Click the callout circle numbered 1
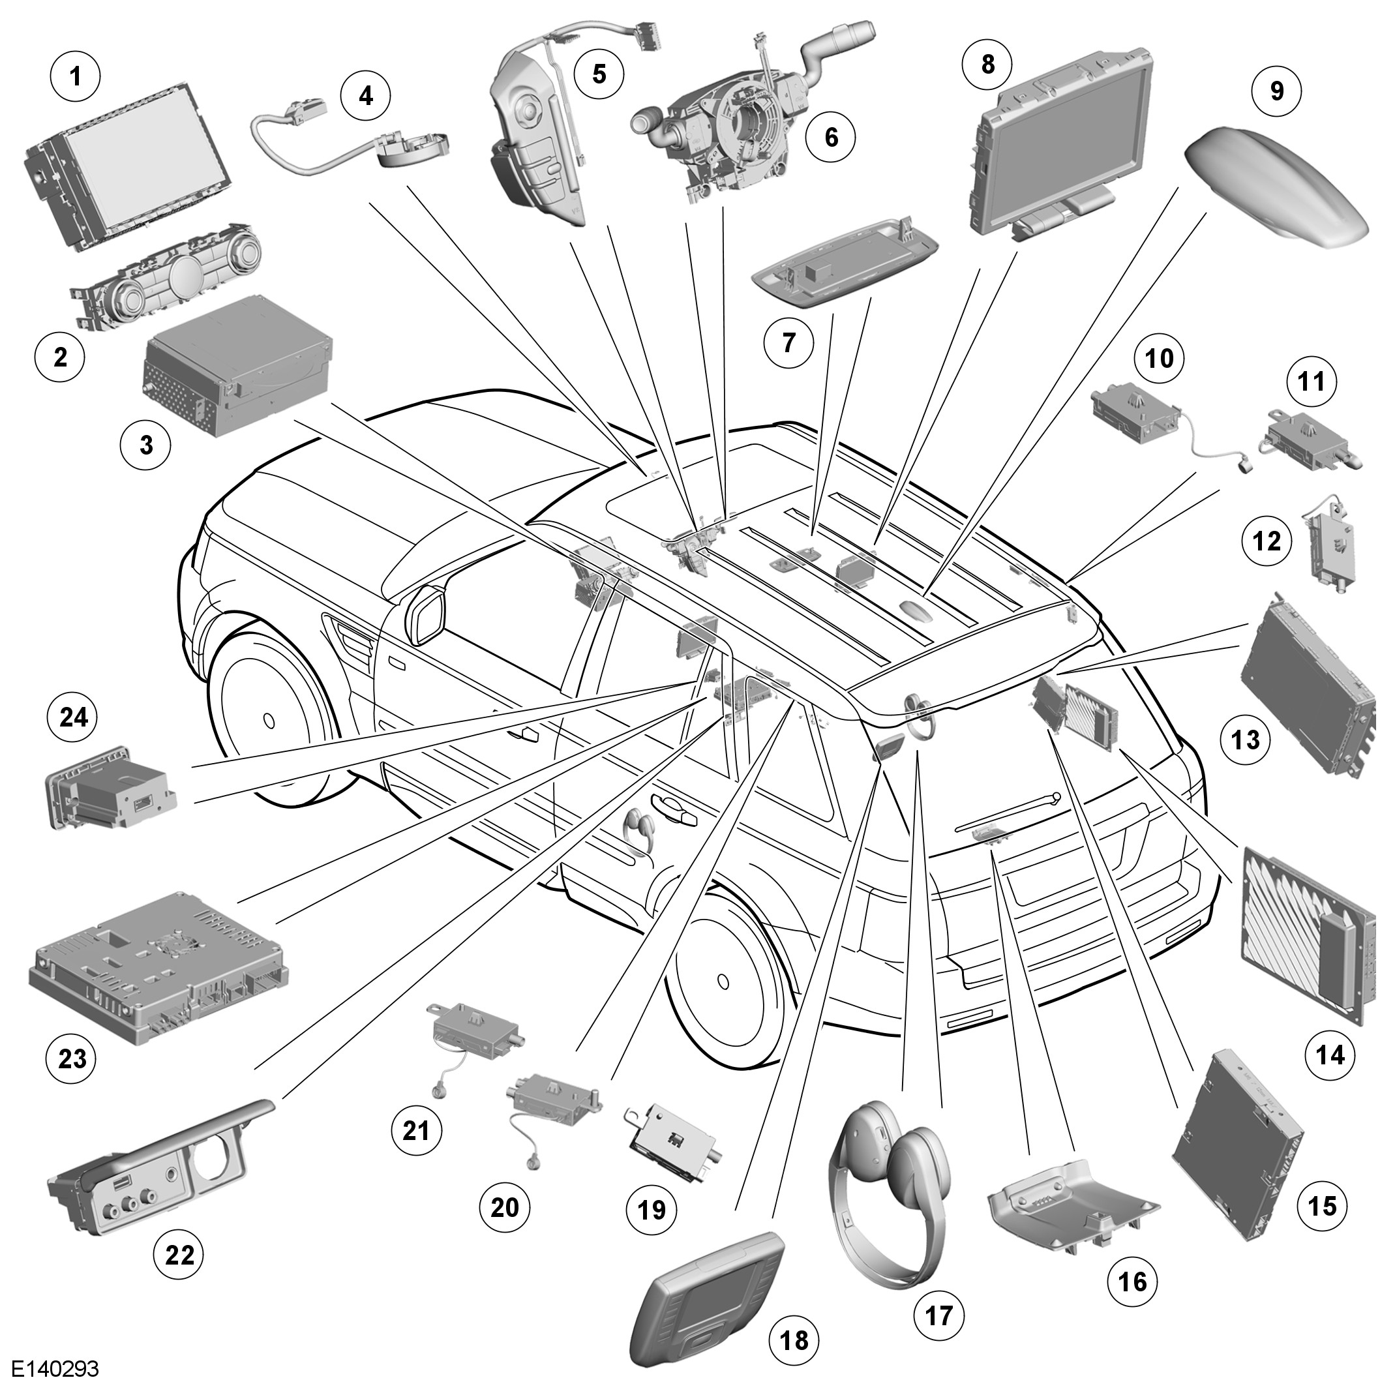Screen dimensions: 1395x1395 (76, 76)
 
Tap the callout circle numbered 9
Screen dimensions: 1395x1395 (1276, 91)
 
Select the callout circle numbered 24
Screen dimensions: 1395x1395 (73, 717)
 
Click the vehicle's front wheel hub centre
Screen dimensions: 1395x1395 (269, 720)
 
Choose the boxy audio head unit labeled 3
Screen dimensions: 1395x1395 (238, 365)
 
